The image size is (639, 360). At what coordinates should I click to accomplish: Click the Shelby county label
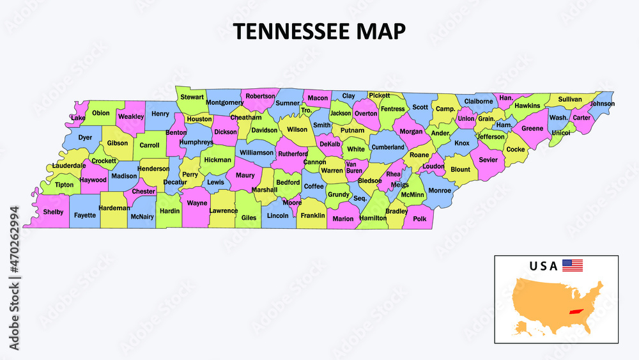(53, 212)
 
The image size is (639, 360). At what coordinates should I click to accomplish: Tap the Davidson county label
(264, 130)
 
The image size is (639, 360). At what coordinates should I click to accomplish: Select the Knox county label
(462, 143)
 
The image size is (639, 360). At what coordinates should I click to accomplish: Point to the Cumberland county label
(388, 147)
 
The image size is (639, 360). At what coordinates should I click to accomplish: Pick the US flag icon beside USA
(573, 265)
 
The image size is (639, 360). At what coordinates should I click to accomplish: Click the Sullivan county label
(570, 99)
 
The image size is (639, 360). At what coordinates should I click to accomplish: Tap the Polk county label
(419, 219)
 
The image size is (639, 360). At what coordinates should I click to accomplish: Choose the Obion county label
(101, 113)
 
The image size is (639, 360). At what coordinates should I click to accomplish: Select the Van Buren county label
(354, 168)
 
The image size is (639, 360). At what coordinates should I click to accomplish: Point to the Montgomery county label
(225, 102)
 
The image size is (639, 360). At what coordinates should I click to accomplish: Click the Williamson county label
(256, 153)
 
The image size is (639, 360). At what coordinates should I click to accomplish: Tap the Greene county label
(532, 129)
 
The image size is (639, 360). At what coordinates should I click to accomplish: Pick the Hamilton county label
(373, 218)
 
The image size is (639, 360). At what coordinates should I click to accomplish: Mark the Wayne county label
(197, 203)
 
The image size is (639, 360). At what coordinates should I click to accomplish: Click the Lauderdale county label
(69, 166)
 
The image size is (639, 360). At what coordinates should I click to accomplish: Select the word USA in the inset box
(543, 266)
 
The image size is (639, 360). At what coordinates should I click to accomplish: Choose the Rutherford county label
(292, 154)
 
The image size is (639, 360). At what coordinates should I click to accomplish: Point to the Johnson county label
(602, 104)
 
